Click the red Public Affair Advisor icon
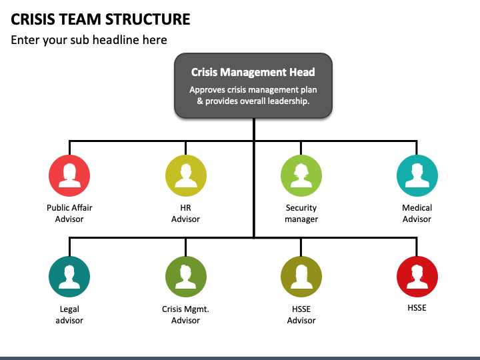pos(69,175)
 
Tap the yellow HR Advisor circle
pos(186,175)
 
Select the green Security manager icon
pos(301,175)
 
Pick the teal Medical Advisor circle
pos(417,175)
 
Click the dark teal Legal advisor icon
pos(69,277)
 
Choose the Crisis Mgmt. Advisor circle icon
pos(186,277)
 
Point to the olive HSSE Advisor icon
pos(301,277)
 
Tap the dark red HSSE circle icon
pos(417,277)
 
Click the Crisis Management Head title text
pos(253,72)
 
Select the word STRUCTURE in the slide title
pos(147,19)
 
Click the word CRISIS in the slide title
pos(33,19)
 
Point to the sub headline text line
pos(89,40)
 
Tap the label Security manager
pos(301,213)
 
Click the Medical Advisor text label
pos(417,213)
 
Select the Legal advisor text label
pos(69,315)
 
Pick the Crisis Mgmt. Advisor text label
pos(185,315)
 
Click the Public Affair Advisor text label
pos(69,213)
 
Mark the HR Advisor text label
pos(185,213)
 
